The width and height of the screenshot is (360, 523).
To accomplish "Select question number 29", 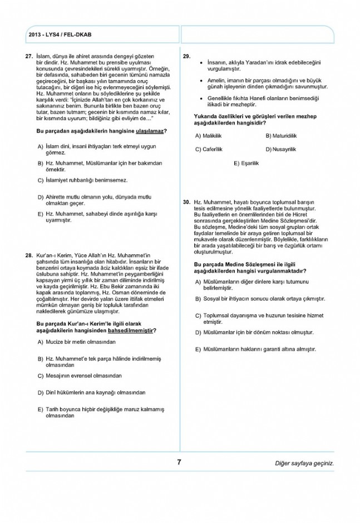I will (x=186, y=57).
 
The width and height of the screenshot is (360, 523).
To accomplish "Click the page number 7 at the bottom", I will (x=179, y=462).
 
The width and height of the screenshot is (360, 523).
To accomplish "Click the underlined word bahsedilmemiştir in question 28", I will (x=131, y=330).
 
